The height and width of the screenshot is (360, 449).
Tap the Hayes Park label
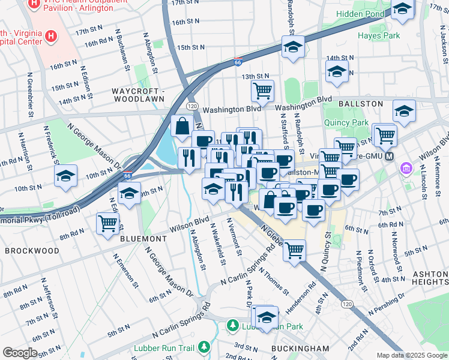pyautogui.click(x=378, y=35)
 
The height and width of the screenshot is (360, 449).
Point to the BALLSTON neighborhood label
pyautogui.click(x=360, y=104)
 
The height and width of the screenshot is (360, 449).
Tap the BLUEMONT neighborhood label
pyautogui.click(x=143, y=238)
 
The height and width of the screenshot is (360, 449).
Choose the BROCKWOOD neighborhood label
pyautogui.click(x=32, y=250)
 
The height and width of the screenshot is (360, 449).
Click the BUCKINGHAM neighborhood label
pyautogui.click(x=300, y=348)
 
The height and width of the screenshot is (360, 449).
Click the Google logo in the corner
pyautogui.click(x=20, y=352)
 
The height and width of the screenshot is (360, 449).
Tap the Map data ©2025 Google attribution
pyautogui.click(x=411, y=355)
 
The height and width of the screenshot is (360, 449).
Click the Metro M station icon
pyautogui.click(x=390, y=157)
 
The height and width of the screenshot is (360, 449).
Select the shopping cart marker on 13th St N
pyautogui.click(x=262, y=91)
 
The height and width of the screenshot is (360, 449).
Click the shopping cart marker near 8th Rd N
pyautogui.click(x=107, y=223)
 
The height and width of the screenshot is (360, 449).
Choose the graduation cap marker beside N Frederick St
pyautogui.click(x=65, y=176)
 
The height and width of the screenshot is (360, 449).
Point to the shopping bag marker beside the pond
pyautogui.click(x=181, y=127)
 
